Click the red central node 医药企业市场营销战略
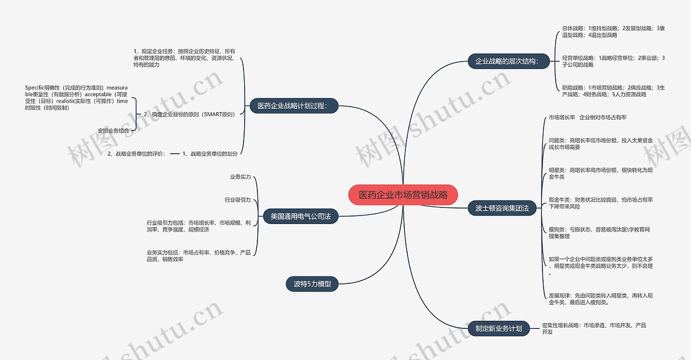tap(403, 195)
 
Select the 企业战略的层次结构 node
tap(503, 62)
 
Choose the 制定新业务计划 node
tap(498, 328)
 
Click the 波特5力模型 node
tap(312, 283)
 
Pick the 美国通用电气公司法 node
tap(300, 217)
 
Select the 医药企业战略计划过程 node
tap(294, 106)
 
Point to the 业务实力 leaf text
tap(240, 177)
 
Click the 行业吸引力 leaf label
tap(237, 200)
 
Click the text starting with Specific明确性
tap(76, 97)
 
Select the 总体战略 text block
tap(613, 32)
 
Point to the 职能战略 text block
tap(613, 91)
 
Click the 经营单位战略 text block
tap(613, 62)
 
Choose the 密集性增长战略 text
tap(594, 328)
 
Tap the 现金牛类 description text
tap(600, 203)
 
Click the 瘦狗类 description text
tap(599, 233)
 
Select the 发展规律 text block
tap(600, 298)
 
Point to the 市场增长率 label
tap(561, 118)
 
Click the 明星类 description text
tap(600, 173)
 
